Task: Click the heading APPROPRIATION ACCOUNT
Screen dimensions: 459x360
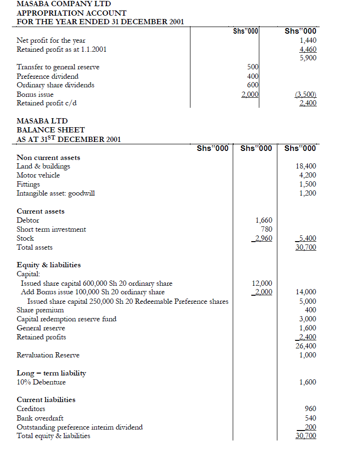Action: coord(71,13)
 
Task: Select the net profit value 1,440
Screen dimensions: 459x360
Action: coord(308,41)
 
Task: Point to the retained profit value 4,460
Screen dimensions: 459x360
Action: coord(308,49)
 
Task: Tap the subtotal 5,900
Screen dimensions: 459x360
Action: coord(308,58)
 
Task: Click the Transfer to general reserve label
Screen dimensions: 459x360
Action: coord(58,67)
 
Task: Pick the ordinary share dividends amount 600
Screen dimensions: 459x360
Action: coord(253,85)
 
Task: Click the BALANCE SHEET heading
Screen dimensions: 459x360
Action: coord(51,130)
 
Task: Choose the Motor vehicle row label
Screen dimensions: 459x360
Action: coord(38,175)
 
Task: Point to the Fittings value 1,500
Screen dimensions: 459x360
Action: coord(308,184)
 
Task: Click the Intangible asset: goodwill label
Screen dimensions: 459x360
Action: coord(56,193)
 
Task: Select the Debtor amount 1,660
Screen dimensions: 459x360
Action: coord(264,220)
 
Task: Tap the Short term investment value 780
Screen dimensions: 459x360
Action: coord(266,229)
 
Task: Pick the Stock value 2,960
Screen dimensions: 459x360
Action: coord(263,238)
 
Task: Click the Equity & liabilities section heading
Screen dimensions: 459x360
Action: coord(48,265)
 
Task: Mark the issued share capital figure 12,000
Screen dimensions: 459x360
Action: coord(262,283)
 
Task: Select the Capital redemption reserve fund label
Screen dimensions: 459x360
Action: coord(66,319)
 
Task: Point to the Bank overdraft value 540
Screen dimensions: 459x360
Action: coord(310,418)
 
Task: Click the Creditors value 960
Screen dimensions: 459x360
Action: coord(310,409)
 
